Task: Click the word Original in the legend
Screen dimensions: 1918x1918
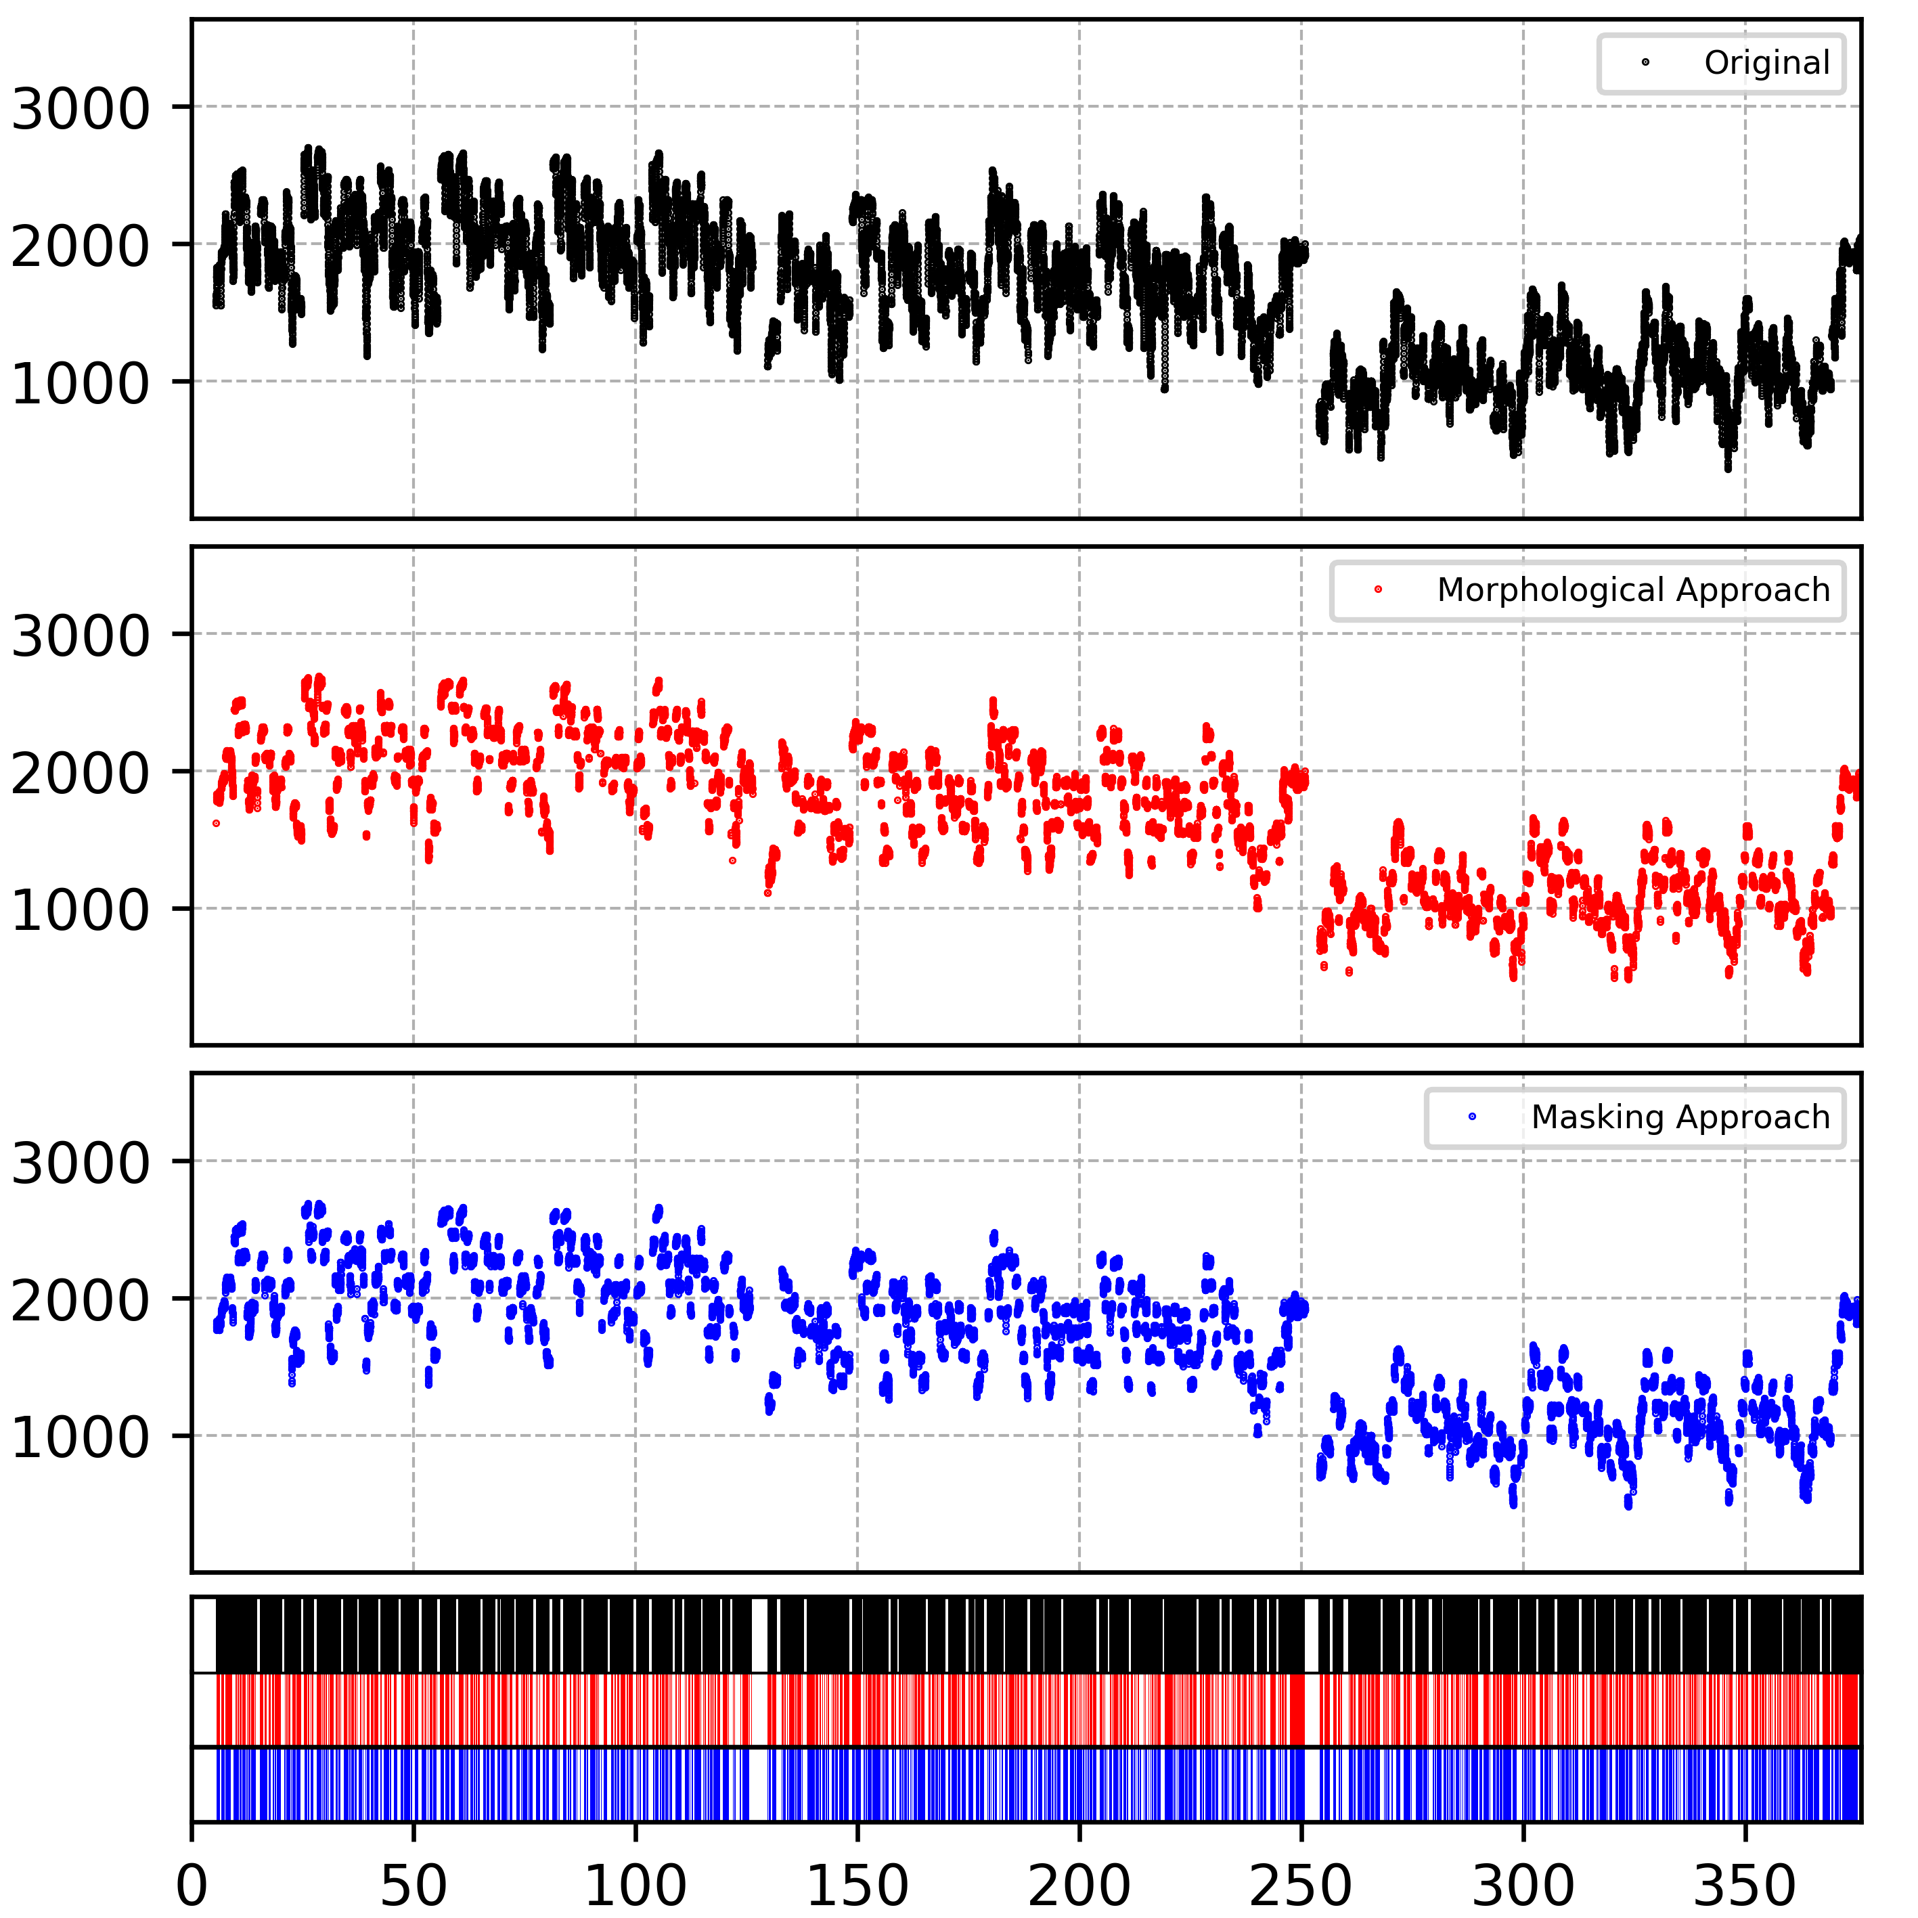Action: point(1767,62)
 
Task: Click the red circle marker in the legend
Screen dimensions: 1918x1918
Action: point(1378,589)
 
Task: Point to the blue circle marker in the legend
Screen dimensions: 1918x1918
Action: point(1472,1117)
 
